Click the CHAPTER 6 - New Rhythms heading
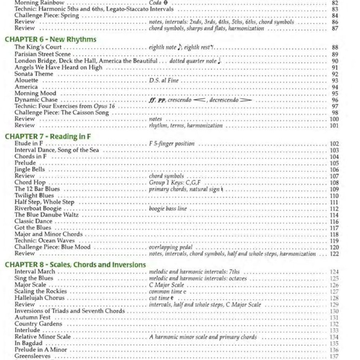(50, 39)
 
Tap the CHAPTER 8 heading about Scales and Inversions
(75, 265)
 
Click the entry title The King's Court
(38, 47)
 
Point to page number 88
(335, 48)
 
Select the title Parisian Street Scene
(43, 54)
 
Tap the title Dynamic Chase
(36, 100)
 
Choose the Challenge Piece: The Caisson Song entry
(62, 113)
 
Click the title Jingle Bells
(30, 169)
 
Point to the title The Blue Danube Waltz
(46, 215)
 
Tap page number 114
(334, 215)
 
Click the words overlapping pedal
(170, 247)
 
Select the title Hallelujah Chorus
(39, 298)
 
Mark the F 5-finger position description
(172, 144)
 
